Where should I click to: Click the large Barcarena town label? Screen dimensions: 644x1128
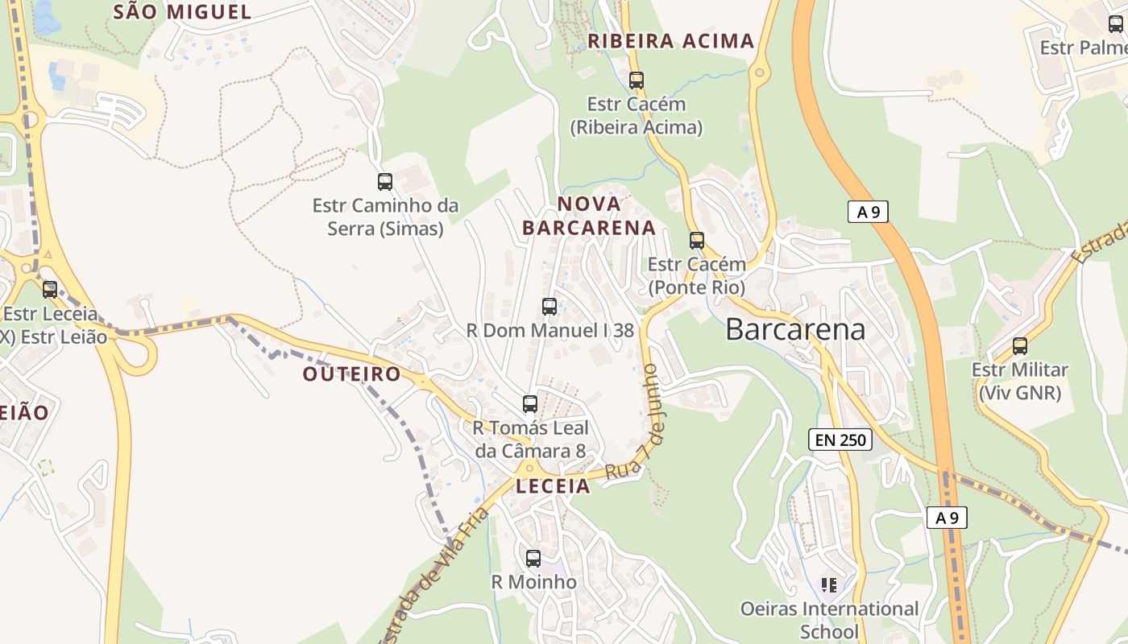[795, 329]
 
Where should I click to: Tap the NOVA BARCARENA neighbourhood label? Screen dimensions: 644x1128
[589, 216]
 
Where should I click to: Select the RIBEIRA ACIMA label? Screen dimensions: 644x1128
[671, 41]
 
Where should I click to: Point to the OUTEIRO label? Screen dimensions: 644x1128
[351, 374]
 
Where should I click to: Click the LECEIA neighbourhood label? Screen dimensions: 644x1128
[554, 486]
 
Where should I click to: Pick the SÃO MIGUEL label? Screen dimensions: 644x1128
[182, 11]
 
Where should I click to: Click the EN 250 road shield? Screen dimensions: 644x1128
[840, 440]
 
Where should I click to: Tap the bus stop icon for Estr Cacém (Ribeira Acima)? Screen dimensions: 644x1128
[637, 80]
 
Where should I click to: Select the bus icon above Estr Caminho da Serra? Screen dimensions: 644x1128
[385, 182]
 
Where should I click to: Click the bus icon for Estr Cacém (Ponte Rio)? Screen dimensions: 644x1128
[697, 241]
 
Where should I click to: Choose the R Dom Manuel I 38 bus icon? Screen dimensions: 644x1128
[549, 307]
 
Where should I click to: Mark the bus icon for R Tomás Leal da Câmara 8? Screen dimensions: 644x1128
[530, 404]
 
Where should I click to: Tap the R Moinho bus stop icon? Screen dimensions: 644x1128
[533, 559]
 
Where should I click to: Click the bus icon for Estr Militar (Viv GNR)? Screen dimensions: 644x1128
[1020, 346]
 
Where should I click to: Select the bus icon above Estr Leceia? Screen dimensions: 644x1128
[50, 290]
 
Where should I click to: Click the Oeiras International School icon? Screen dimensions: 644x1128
[829, 584]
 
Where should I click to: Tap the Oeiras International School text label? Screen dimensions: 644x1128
[829, 620]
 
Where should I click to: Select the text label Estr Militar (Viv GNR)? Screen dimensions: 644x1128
[1020, 382]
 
